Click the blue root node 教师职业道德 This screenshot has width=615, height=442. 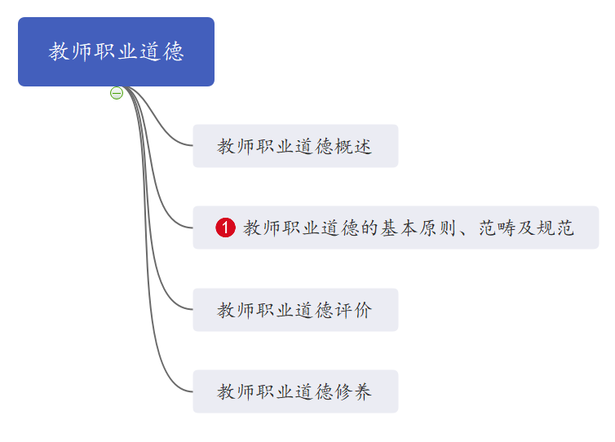click(x=116, y=51)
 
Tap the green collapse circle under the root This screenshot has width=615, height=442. click(x=117, y=93)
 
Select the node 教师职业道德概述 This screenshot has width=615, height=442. click(x=295, y=146)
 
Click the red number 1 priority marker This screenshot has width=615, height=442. click(x=225, y=228)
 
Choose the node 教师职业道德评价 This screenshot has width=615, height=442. click(x=295, y=310)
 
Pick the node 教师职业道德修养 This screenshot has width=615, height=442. click(x=295, y=391)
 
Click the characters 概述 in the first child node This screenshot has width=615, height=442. click(x=353, y=146)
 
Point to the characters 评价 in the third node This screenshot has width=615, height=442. click(x=353, y=310)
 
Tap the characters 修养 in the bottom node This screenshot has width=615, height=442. click(x=353, y=391)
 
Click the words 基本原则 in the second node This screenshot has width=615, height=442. click(x=418, y=228)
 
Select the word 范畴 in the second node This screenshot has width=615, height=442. click(x=497, y=228)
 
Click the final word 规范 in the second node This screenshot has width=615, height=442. click(x=555, y=228)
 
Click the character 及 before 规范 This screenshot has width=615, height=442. click(x=526, y=228)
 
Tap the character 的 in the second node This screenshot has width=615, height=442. click(x=369, y=228)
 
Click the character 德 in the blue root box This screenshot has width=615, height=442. click(x=174, y=51)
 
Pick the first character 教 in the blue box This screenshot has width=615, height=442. click(x=59, y=51)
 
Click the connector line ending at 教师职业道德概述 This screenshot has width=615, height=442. click(x=156, y=118)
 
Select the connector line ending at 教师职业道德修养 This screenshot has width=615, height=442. click(x=148, y=275)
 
